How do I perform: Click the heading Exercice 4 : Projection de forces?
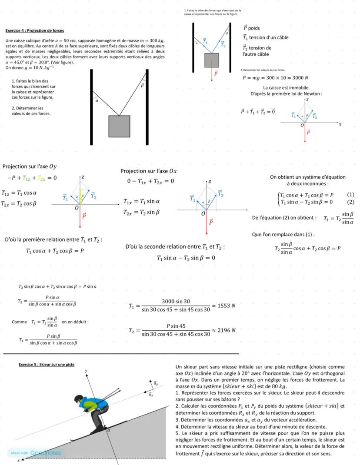pos(34,31)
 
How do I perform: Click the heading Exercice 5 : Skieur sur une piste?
pos(47,364)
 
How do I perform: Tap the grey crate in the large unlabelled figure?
pos(119,126)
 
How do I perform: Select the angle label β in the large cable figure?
pos(142,86)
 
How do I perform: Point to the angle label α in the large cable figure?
pos(97,100)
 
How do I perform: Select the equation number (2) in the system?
pos(350,202)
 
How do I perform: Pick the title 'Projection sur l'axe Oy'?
pos(30,166)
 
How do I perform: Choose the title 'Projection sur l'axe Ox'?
pos(149,171)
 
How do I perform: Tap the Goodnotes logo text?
pos(46,453)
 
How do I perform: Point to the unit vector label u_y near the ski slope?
pos(156,384)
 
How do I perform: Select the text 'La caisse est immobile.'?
pos(287,88)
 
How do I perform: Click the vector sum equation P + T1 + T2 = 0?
pos(258,112)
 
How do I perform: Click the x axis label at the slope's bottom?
pos(18,460)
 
